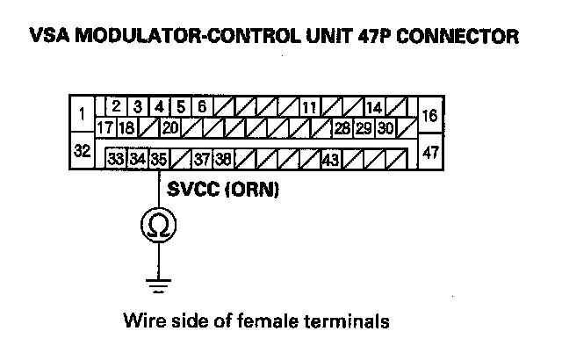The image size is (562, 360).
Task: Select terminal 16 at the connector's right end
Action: tap(430, 115)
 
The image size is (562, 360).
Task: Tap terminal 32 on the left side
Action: tap(82, 151)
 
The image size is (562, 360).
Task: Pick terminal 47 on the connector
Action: tap(430, 151)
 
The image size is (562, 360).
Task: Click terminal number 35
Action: tap(158, 160)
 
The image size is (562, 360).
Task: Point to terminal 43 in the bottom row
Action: tap(331, 160)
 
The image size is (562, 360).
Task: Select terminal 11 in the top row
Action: tap(309, 107)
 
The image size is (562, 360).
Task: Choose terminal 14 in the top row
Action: tap(373, 107)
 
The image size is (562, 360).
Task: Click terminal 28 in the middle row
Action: tap(342, 128)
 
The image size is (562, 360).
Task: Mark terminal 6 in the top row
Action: tap(201, 107)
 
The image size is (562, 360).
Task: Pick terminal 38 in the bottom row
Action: tap(223, 160)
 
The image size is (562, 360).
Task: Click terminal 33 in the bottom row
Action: tap(115, 160)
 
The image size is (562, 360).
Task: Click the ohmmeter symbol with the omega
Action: tap(159, 227)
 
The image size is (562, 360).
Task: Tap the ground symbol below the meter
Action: tap(159, 283)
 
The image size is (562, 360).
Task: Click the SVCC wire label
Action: tap(191, 190)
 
